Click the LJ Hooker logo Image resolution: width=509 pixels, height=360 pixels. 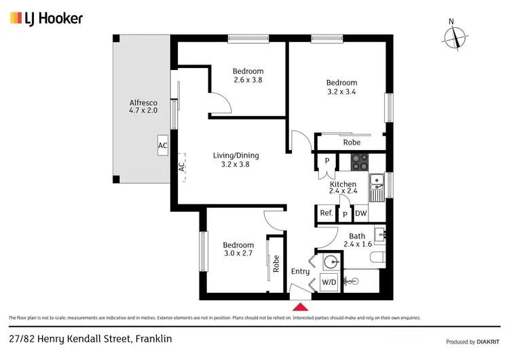point(46,18)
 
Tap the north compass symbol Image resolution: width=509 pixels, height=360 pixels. point(455,35)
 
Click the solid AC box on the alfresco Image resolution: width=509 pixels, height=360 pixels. point(162,145)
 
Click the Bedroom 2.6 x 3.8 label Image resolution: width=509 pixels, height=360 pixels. point(248,75)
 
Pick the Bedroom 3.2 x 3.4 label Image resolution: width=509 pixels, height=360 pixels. point(341,87)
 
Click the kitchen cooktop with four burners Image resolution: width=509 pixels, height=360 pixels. point(360,162)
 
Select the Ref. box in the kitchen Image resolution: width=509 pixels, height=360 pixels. point(326,213)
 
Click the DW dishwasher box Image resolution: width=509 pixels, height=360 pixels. point(360,213)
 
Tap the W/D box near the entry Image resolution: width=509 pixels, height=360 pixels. point(329,282)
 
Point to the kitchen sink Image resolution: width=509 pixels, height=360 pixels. point(377,185)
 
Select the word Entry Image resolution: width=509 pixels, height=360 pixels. point(300,272)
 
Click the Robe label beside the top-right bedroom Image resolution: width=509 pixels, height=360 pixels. point(352,143)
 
